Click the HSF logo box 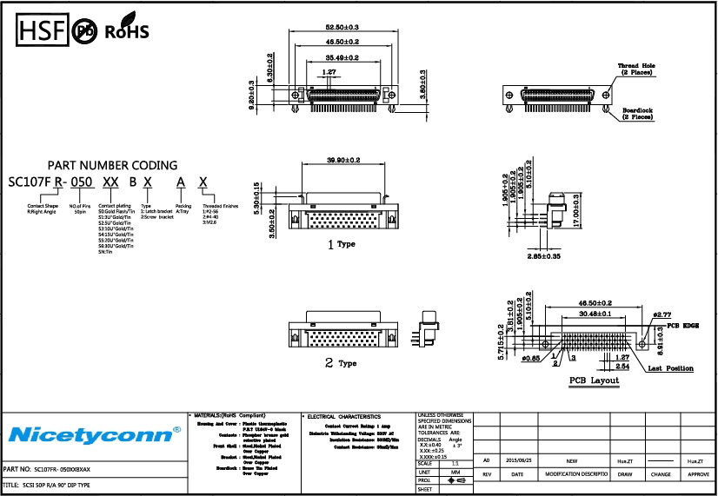tap(41, 32)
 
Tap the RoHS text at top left tap(127, 33)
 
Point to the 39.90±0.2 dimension tap(343, 160)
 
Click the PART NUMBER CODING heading tap(112, 165)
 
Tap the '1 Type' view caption tap(342, 245)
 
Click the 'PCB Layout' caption tap(595, 381)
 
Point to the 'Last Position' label tap(670, 369)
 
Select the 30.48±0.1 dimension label tap(590, 314)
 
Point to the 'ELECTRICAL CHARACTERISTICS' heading tap(343, 417)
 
